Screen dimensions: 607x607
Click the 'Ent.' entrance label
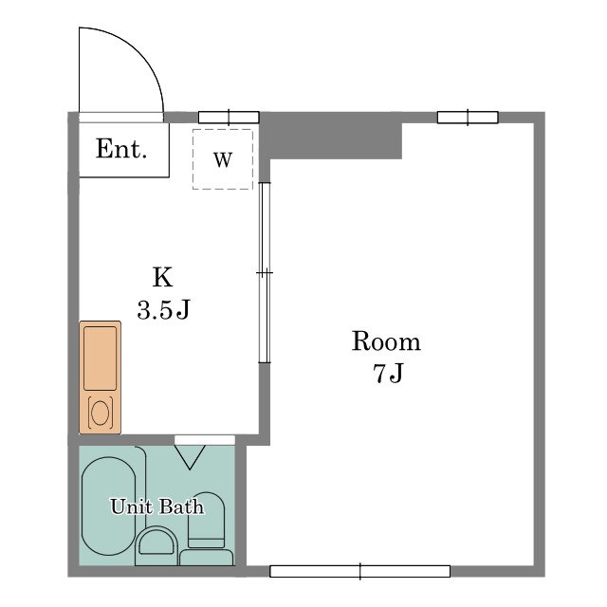click(x=121, y=149)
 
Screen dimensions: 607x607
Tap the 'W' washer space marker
click(x=223, y=159)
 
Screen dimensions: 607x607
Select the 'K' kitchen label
click(x=162, y=277)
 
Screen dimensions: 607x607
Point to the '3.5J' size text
click(x=164, y=310)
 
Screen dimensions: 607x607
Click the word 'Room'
click(x=386, y=341)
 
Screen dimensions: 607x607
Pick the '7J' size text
click(x=388, y=373)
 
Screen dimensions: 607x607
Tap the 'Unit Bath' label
click(x=157, y=506)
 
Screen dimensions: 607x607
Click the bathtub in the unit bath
click(x=109, y=506)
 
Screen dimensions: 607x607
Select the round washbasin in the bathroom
click(x=156, y=542)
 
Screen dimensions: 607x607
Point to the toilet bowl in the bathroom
click(x=206, y=520)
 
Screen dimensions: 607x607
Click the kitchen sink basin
click(x=100, y=359)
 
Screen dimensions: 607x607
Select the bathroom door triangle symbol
click(x=190, y=457)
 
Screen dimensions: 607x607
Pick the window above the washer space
click(x=229, y=118)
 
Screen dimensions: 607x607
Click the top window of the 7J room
click(x=468, y=118)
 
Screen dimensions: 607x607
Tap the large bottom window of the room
click(x=360, y=571)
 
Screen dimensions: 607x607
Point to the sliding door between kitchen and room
click(x=265, y=272)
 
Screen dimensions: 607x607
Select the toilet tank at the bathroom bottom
click(x=207, y=558)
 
